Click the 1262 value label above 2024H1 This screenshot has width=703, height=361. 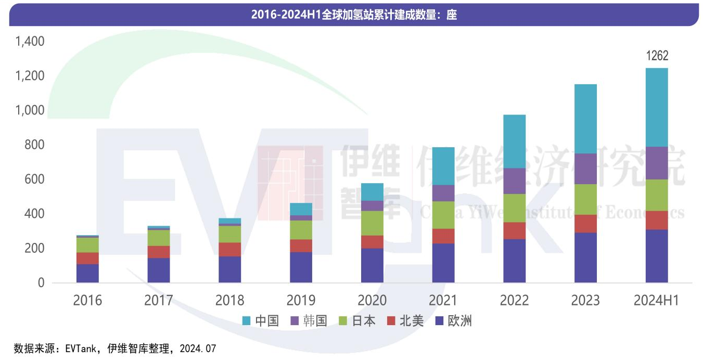657,56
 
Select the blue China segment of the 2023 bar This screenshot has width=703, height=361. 585,119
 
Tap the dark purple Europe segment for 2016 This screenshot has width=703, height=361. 87,274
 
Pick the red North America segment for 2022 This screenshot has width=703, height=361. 515,230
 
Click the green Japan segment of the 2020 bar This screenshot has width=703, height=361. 372,223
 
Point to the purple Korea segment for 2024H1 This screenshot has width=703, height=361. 657,163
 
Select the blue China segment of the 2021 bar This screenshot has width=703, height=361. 443,166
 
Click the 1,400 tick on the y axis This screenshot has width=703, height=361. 30,42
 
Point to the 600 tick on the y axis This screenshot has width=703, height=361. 34,179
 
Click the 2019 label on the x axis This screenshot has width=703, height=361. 301,300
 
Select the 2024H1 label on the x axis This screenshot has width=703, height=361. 657,300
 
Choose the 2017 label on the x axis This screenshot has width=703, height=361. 159,300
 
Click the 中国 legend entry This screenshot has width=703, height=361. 261,321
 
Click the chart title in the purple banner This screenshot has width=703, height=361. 354,15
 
